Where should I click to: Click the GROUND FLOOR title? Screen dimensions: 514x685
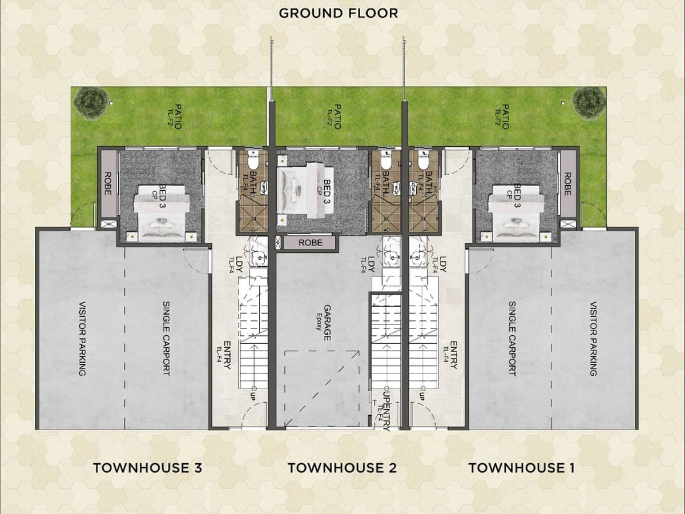coord(338,13)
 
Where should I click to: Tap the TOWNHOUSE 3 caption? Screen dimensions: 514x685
coord(147,468)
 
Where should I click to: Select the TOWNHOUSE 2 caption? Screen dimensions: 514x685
coord(342,468)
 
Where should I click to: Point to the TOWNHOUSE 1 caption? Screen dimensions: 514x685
coord(521,468)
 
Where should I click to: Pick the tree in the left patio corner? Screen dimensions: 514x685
coord(91,103)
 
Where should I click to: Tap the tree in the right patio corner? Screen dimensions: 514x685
coord(589,103)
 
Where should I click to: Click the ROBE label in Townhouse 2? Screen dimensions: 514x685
coord(310,243)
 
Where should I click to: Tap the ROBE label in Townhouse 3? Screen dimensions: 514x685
coord(107,184)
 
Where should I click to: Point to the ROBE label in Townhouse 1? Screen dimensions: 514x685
coord(567,184)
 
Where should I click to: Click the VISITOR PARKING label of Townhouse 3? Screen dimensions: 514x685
coord(82,338)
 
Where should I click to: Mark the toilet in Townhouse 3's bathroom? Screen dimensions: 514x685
coord(255,160)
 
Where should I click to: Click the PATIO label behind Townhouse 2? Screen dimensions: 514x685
coord(337,117)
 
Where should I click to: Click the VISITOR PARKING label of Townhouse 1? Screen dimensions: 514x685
coord(594,338)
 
